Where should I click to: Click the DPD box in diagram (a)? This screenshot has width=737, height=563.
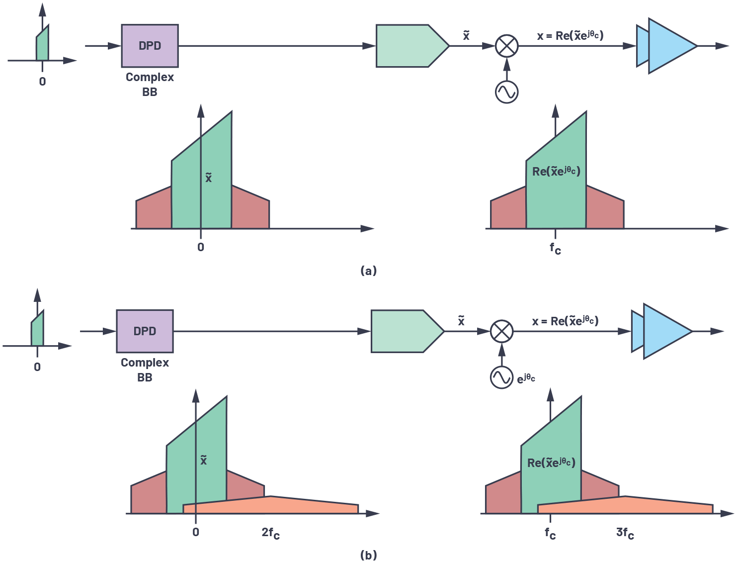[x=150, y=46]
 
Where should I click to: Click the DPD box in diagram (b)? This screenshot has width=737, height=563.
[x=145, y=331]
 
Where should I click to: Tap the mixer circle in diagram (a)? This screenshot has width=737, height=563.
[x=506, y=46]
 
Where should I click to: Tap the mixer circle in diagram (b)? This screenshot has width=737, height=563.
[x=501, y=331]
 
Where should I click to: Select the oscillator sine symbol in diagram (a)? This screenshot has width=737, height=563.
[x=506, y=92]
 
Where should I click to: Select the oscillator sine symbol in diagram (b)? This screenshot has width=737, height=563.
[x=501, y=377]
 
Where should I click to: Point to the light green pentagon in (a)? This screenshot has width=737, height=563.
[x=410, y=46]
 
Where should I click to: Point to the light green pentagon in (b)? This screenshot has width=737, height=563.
[x=405, y=331]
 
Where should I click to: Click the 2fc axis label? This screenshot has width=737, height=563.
[x=270, y=533]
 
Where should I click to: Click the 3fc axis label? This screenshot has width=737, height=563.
[x=625, y=533]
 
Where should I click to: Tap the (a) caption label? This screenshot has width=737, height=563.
[x=368, y=271]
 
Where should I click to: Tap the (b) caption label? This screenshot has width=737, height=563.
[x=368, y=555]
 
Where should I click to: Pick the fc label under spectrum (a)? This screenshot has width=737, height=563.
[x=555, y=248]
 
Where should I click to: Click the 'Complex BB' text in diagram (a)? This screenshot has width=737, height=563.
[x=150, y=85]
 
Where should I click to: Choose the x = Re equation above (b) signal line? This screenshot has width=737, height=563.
[x=565, y=321]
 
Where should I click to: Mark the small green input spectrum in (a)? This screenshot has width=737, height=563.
[x=43, y=46]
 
